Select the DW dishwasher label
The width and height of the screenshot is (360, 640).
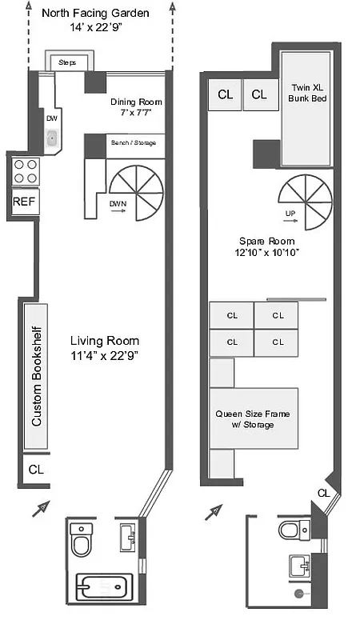[52, 118]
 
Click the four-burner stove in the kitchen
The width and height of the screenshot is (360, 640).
[24, 170]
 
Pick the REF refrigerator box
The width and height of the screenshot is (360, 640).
[24, 202]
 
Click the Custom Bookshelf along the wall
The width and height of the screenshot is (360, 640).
[37, 375]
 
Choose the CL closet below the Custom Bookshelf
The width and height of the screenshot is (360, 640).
[36, 470]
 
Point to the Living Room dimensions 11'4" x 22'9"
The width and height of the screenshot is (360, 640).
[104, 356]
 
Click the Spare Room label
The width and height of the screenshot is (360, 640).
[266, 246]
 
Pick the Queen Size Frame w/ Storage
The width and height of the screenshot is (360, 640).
[253, 419]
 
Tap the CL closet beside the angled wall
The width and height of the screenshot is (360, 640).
[323, 493]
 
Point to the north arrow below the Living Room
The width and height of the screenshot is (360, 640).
[39, 508]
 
